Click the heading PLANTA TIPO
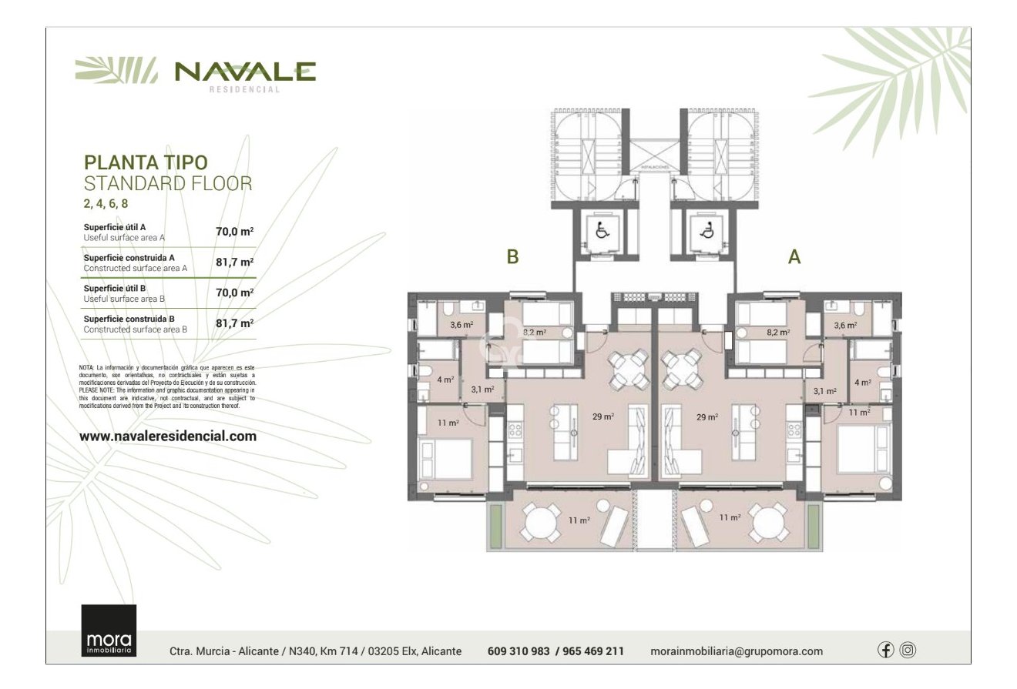[146, 162]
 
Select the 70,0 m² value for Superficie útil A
[234, 231]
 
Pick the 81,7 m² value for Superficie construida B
[234, 323]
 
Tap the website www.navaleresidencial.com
[168, 436]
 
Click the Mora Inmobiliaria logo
[109, 630]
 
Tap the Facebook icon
[886, 650]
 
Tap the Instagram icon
[908, 650]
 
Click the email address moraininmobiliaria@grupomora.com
[736, 651]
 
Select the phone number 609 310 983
[519, 651]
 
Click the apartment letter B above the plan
[512, 257]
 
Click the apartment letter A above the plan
[794, 257]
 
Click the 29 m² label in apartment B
[603, 416]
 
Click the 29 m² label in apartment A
[707, 416]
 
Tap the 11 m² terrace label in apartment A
[730, 518]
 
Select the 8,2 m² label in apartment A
[778, 333]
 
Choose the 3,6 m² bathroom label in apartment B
[461, 326]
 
